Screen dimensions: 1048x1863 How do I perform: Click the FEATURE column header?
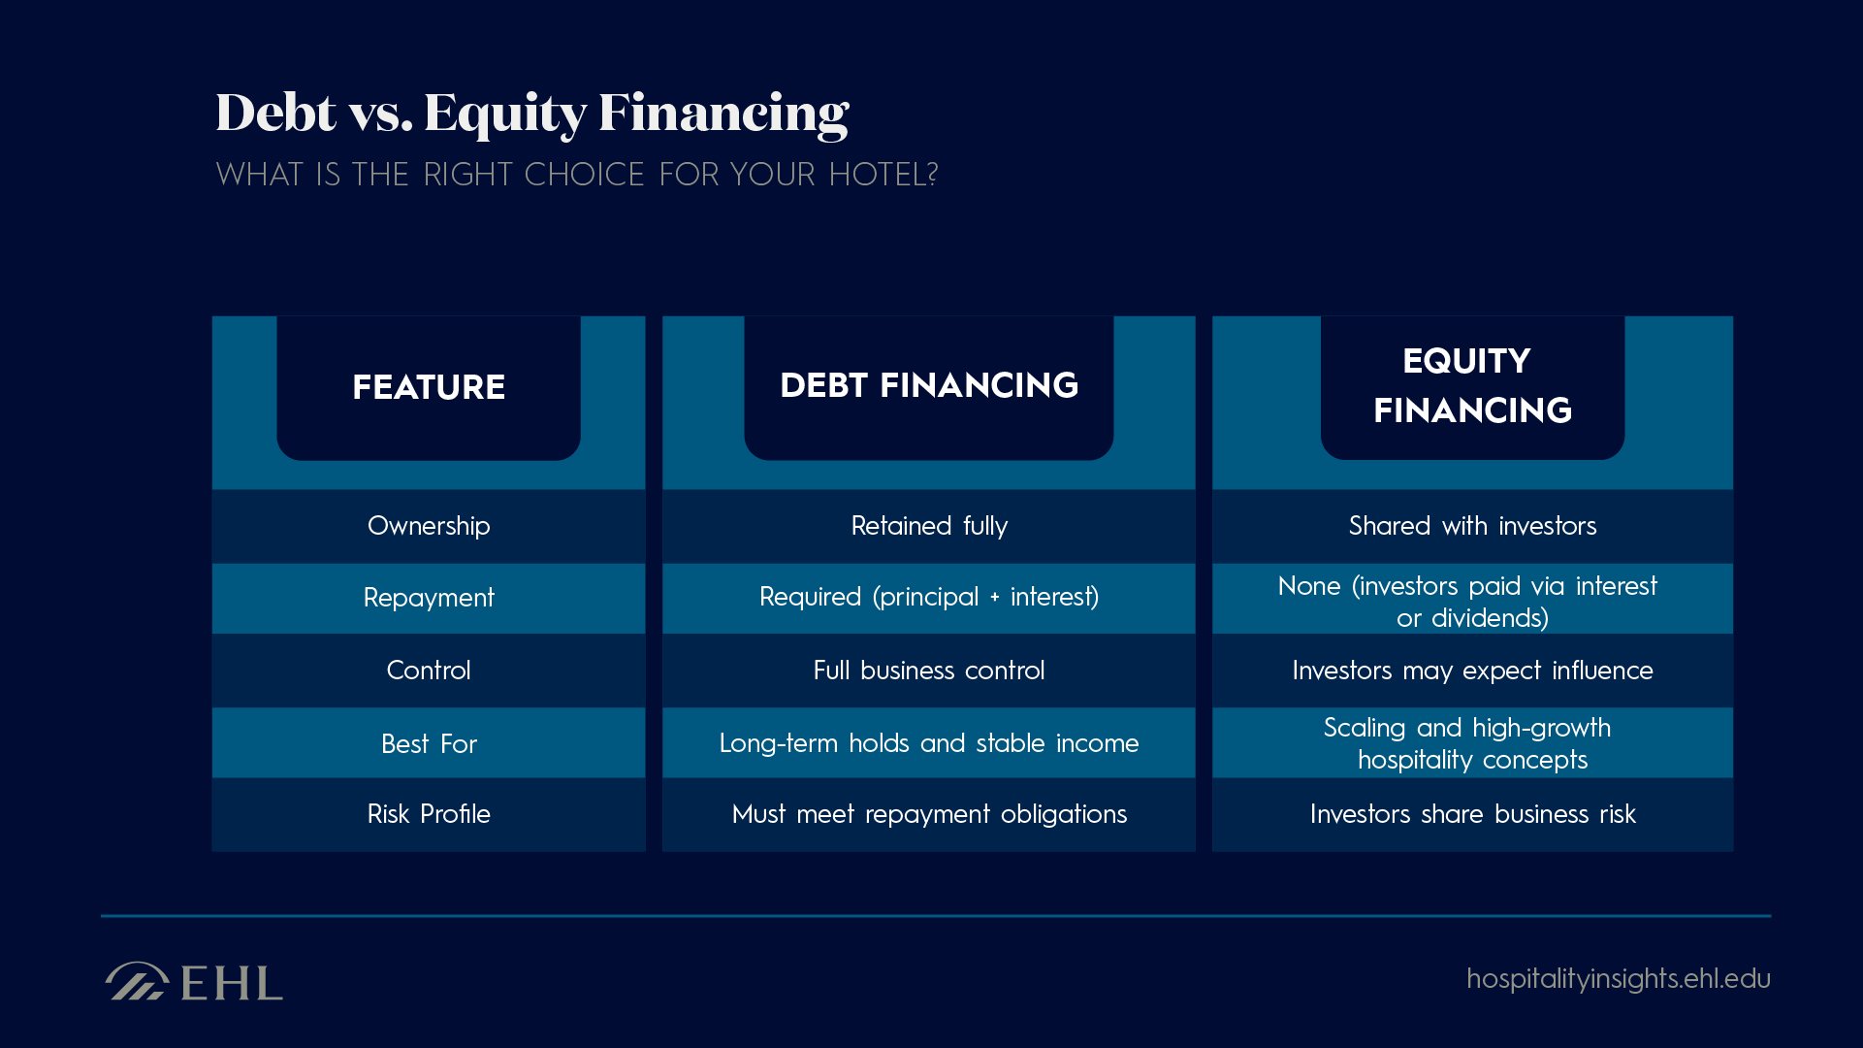click(x=428, y=387)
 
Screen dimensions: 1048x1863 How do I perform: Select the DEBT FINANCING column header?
click(x=928, y=385)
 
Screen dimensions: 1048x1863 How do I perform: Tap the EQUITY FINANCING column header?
click(x=1471, y=385)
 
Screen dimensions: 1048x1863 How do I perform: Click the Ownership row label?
click(x=429, y=526)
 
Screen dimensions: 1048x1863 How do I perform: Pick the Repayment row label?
click(x=429, y=598)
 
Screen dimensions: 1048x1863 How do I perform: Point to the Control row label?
click(x=429, y=671)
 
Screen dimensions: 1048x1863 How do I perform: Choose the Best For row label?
click(x=429, y=744)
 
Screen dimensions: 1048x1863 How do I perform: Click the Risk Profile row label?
click(x=429, y=814)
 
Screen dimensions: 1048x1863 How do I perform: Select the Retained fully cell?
click(x=928, y=526)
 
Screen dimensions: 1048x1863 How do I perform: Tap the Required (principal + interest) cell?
click(x=928, y=597)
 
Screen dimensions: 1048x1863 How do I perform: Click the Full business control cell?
click(x=928, y=671)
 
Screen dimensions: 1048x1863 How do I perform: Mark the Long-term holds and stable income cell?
click(x=928, y=743)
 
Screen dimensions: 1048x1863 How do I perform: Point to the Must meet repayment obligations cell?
click(x=928, y=814)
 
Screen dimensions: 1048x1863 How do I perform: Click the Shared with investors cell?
click(x=1471, y=526)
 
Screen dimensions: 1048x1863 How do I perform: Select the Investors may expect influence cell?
click(x=1471, y=671)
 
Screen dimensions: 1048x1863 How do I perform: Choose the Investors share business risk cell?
click(x=1471, y=814)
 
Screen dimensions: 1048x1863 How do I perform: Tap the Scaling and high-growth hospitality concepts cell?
click(x=1471, y=743)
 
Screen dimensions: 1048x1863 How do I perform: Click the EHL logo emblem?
click(x=136, y=981)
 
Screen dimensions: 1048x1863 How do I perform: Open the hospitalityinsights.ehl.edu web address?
click(x=1618, y=978)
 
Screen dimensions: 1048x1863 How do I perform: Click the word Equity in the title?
click(x=504, y=115)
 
